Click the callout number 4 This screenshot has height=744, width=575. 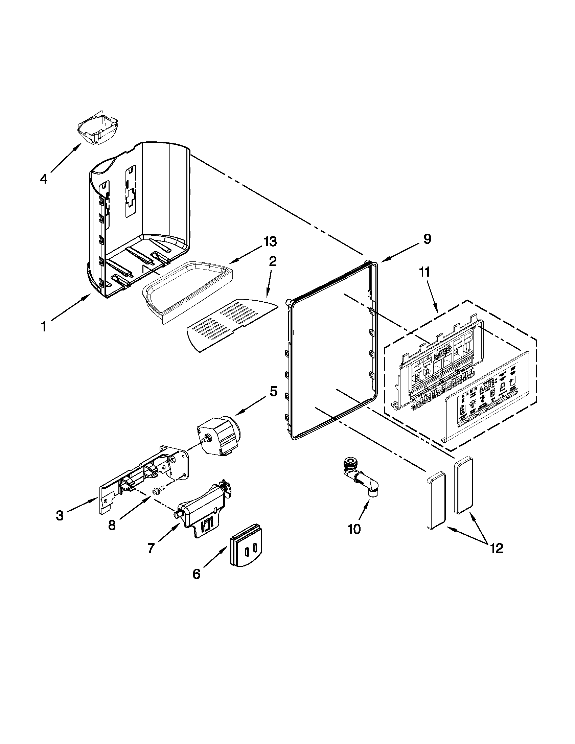pos(43,179)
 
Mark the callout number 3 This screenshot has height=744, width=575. pos(60,515)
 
